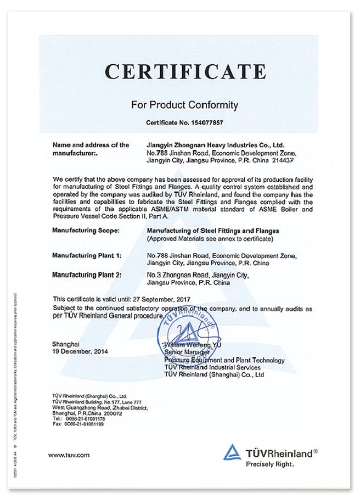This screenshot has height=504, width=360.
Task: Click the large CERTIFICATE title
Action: tap(185, 72)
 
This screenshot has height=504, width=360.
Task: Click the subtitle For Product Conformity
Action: tap(185, 104)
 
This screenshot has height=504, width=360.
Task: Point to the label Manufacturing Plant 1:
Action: tap(87, 255)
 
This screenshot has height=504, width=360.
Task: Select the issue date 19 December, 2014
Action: tap(80, 351)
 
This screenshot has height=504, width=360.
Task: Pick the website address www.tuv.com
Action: tap(69, 455)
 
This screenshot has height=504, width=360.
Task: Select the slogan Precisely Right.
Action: tap(270, 464)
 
